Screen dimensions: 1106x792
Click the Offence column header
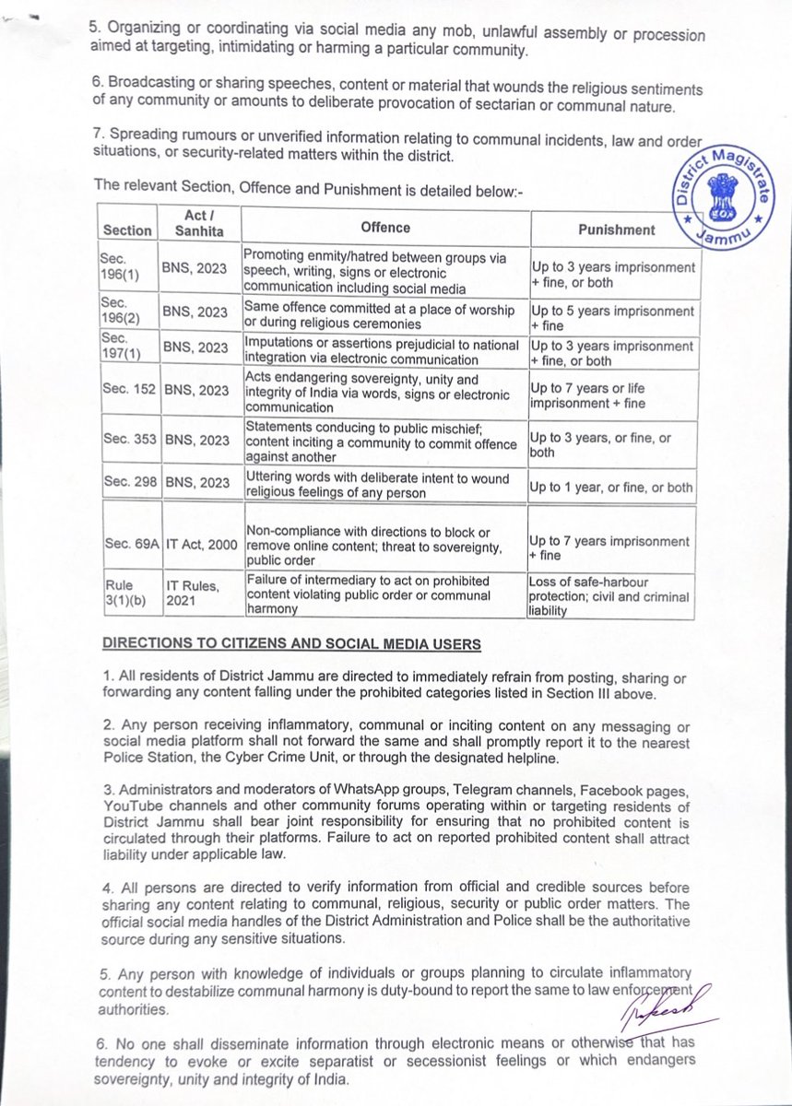(385, 228)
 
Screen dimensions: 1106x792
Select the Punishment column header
(616, 229)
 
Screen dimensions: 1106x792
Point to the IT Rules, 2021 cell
(192, 594)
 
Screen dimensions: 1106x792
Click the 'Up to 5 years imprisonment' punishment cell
(612, 318)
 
